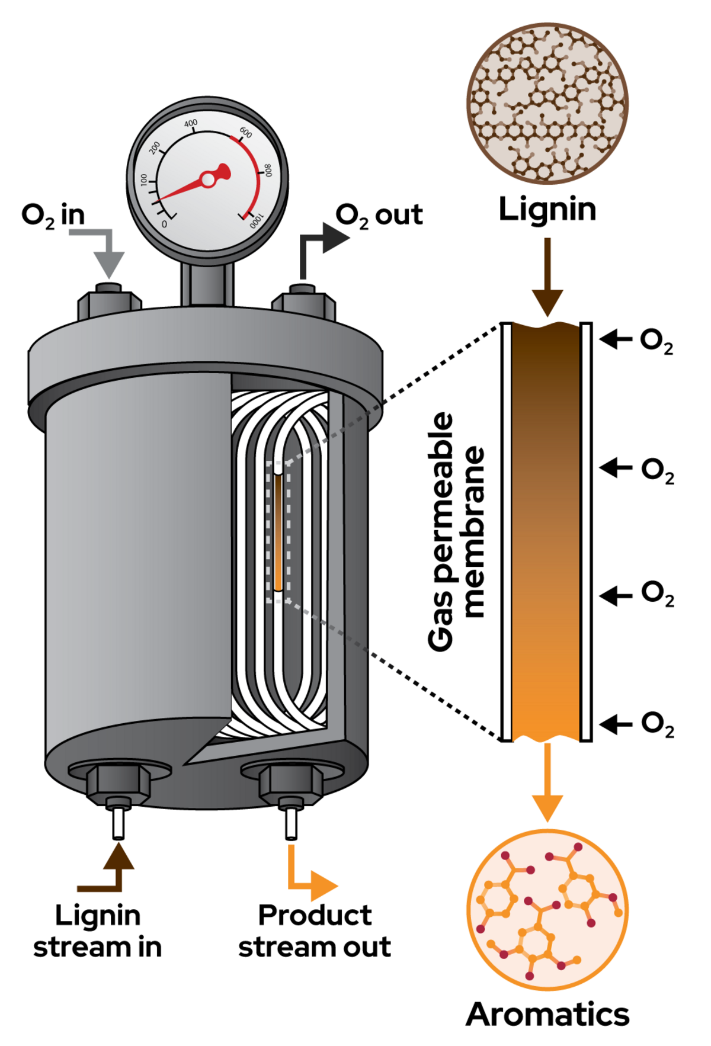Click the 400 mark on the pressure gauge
point(191,124)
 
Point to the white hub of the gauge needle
point(208,180)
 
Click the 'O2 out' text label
point(379,216)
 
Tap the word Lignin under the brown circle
point(547,210)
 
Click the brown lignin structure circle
point(547,104)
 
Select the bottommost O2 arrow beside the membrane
point(616,724)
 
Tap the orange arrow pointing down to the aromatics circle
point(547,782)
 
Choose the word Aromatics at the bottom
point(547,1015)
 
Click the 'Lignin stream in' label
point(98,931)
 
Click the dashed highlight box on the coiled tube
point(278,532)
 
